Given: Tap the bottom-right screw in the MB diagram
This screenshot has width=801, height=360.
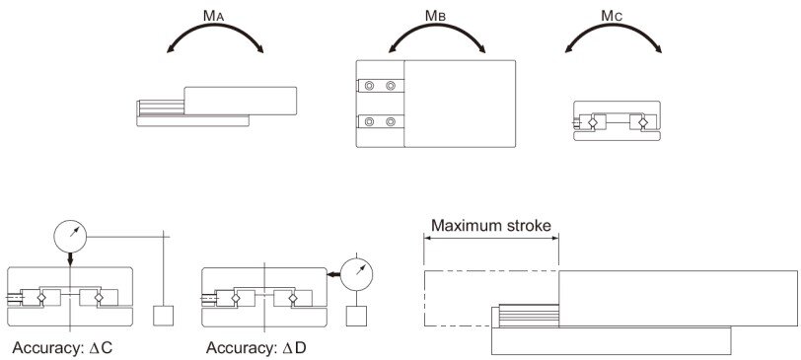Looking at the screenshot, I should (392, 122).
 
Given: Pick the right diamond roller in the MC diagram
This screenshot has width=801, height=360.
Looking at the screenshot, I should (642, 122).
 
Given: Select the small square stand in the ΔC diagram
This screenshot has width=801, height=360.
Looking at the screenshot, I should (164, 318).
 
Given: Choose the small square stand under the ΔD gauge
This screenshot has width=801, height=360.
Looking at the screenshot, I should (356, 318).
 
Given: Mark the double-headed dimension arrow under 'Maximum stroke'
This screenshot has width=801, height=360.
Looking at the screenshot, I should (493, 238).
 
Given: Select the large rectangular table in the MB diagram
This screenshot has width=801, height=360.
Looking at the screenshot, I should (460, 103).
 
